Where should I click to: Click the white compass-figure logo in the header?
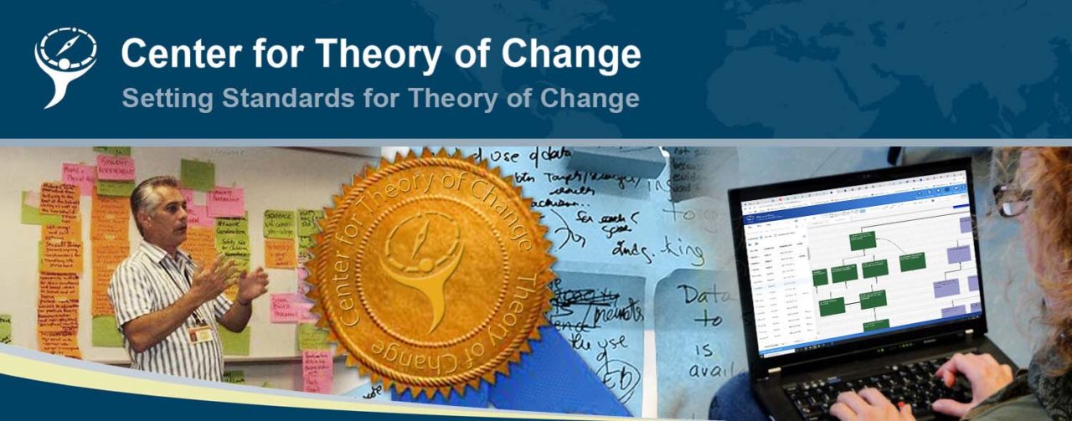click(64, 67)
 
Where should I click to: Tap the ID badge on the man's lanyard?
click(199, 333)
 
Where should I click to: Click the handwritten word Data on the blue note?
click(703, 295)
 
